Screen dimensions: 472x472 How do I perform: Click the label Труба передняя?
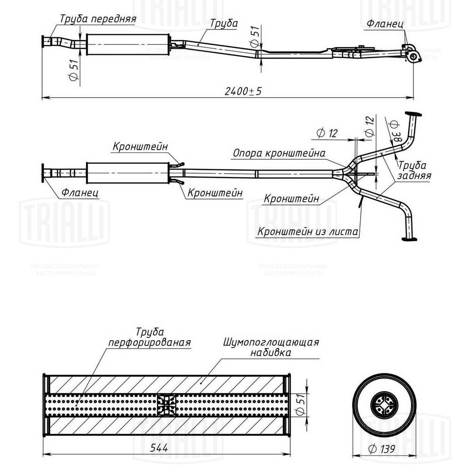(x=98, y=19)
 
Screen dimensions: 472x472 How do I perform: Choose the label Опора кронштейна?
(x=278, y=153)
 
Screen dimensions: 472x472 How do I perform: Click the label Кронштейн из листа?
(x=307, y=232)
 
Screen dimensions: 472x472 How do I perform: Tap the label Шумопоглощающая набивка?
(x=270, y=347)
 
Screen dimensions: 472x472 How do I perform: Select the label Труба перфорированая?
(x=149, y=338)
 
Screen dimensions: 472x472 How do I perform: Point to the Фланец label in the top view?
(x=384, y=23)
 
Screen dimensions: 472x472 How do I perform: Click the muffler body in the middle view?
(x=128, y=173)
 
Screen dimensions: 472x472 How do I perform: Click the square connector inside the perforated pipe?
(x=167, y=405)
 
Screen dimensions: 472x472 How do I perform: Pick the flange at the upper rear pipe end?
(x=413, y=115)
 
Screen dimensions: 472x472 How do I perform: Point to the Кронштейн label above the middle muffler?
(x=140, y=147)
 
